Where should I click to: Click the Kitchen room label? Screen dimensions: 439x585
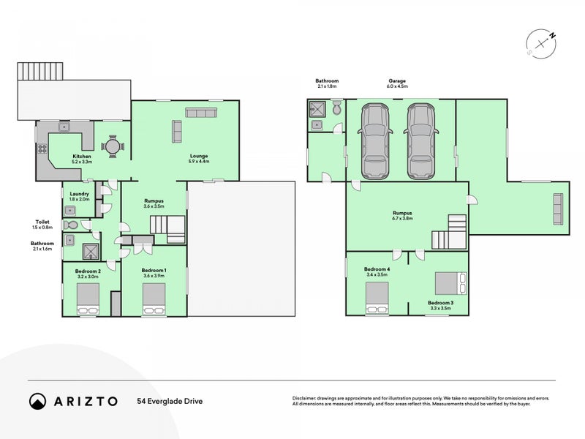(81, 157)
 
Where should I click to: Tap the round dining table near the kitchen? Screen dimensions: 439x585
(112, 146)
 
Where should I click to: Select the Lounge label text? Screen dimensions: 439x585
(199, 156)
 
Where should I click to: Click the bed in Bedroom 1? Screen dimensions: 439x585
(154, 299)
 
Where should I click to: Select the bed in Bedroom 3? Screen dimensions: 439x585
(448, 282)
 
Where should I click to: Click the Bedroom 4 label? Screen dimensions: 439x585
(377, 270)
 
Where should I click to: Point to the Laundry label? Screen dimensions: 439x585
(78, 194)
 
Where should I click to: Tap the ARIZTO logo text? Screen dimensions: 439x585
(83, 401)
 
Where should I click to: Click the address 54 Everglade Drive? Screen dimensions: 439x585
(169, 401)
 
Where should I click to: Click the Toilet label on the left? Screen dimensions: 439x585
(42, 221)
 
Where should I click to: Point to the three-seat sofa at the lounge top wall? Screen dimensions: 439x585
(200, 113)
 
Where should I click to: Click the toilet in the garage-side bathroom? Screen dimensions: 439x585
(336, 109)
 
